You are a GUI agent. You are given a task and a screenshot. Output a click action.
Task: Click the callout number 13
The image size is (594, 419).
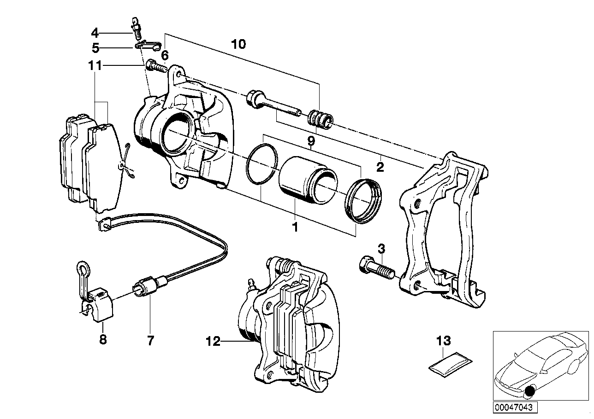pyautogui.click(x=443, y=341)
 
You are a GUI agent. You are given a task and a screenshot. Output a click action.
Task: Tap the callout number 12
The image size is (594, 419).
pyautogui.click(x=214, y=342)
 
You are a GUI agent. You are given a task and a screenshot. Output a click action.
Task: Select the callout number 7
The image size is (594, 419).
pyautogui.click(x=150, y=341)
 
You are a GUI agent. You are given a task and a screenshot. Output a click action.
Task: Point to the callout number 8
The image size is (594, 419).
pyautogui.click(x=103, y=340)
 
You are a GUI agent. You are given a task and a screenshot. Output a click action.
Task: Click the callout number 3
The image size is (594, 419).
pyautogui.click(x=381, y=249)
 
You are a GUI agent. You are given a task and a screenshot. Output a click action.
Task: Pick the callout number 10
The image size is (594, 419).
pyautogui.click(x=238, y=44)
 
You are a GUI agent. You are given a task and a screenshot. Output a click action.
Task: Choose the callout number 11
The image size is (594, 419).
pyautogui.click(x=95, y=66)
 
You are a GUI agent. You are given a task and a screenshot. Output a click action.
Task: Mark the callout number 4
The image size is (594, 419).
pyautogui.click(x=95, y=33)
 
